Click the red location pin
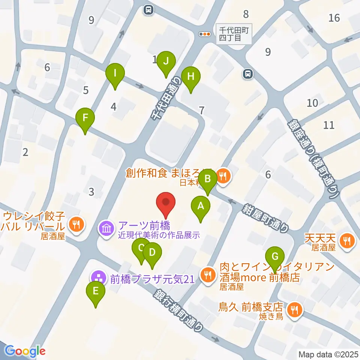(x=166, y=204)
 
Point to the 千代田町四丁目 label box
(x=234, y=34)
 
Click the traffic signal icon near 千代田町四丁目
(x=205, y=34)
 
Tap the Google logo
(x=25, y=351)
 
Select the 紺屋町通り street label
(x=267, y=217)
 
